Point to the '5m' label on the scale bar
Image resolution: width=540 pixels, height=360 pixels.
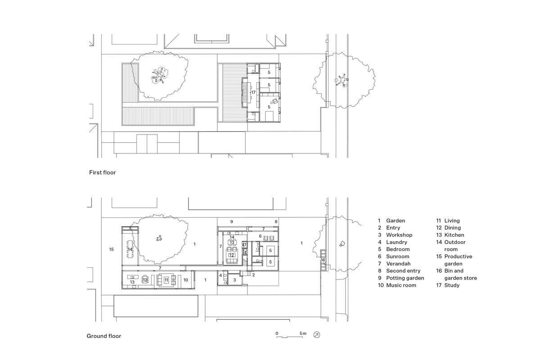(x=303, y=333)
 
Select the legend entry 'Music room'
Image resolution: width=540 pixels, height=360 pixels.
(x=396, y=285)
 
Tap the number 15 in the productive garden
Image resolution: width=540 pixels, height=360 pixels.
(x=111, y=249)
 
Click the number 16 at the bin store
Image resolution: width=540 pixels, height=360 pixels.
(x=323, y=260)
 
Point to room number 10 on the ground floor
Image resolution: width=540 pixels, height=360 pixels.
(x=186, y=280)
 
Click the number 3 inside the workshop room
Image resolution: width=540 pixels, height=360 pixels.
(x=234, y=280)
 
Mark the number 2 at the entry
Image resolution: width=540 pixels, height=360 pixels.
(x=253, y=274)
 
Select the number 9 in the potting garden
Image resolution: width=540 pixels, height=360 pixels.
(x=232, y=222)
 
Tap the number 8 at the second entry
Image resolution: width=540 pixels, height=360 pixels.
(x=276, y=222)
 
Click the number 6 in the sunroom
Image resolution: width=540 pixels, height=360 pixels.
(x=260, y=236)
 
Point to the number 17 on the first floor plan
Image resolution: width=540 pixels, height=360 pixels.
(x=253, y=92)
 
